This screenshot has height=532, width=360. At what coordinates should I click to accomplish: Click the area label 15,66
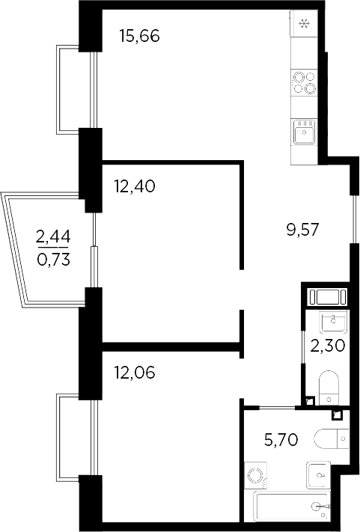pos(141,36)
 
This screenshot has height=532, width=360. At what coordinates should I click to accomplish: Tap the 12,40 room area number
pos(135,186)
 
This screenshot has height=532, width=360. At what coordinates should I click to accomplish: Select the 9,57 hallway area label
pos(302,230)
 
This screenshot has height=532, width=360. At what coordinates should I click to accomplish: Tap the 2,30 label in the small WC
pos(327,346)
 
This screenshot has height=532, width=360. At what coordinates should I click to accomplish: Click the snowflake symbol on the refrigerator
pos(305,25)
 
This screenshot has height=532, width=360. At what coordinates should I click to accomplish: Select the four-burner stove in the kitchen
pos(304,82)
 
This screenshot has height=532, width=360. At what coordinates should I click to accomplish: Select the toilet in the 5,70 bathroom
pos(329,436)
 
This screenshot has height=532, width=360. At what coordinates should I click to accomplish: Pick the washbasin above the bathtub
pos(319,474)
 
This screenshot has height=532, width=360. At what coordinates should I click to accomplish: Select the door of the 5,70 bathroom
pos(270,407)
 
